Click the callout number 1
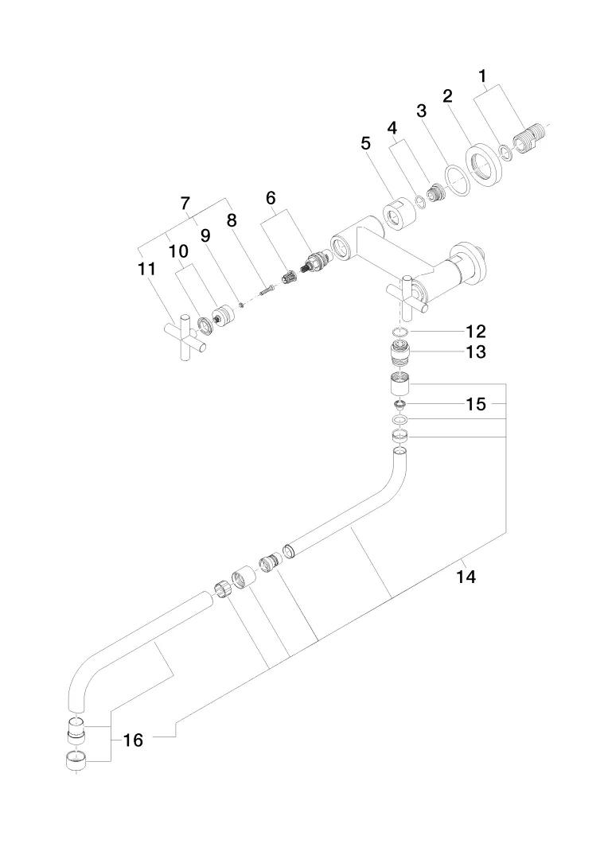click(481, 77)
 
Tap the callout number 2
click(447, 96)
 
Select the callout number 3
click(422, 111)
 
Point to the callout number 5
click(365, 144)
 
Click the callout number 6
click(270, 197)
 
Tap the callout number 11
click(146, 269)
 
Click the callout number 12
click(475, 330)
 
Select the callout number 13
click(475, 351)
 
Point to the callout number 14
click(466, 577)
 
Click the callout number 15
click(475, 404)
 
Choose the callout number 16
click(133, 740)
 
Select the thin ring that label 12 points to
click(402, 331)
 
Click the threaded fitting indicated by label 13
click(402, 351)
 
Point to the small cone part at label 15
click(402, 405)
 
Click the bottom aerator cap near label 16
click(75, 761)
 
